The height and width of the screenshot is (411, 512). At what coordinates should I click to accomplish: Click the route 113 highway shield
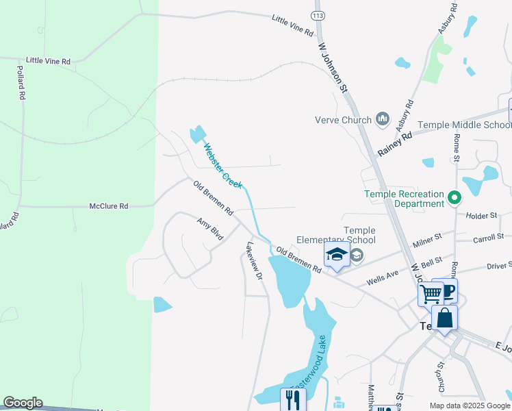tap(316, 15)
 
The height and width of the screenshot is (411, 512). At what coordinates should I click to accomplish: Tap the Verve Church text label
tap(342, 120)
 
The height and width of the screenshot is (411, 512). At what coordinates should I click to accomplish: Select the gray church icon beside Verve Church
tap(383, 120)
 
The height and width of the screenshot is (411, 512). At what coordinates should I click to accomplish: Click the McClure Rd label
tap(109, 206)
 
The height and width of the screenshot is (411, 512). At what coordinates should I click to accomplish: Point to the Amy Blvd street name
tap(210, 229)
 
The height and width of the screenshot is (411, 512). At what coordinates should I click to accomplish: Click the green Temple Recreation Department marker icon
tap(453, 199)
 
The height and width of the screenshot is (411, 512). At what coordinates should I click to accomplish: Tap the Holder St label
tap(481, 215)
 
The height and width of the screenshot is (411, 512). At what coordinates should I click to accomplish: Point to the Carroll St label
tap(488, 237)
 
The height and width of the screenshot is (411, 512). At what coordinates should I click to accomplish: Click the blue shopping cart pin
tap(431, 295)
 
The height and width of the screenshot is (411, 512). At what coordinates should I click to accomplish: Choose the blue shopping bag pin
tap(444, 319)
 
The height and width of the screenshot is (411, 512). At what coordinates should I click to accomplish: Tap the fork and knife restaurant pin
tap(293, 399)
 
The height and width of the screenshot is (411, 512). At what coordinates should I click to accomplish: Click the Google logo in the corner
tap(23, 403)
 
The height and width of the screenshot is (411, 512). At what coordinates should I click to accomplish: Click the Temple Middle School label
tap(464, 125)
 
